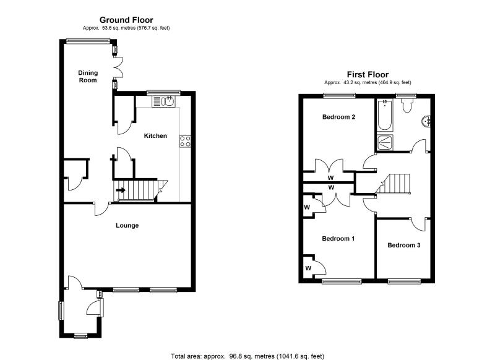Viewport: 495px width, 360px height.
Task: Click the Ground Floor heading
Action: click(126, 20)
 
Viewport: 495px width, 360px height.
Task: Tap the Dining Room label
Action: click(88, 76)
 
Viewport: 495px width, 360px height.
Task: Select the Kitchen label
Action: click(155, 135)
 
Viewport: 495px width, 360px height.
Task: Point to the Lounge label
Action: click(127, 225)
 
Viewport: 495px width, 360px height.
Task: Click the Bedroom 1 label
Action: click(337, 238)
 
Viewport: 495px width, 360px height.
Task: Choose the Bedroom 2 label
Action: click(337, 117)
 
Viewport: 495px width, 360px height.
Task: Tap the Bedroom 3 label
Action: click(403, 245)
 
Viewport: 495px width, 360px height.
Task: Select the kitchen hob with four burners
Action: click(184, 140)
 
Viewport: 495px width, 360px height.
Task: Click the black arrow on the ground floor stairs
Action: click(121, 190)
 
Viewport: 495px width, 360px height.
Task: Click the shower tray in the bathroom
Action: click(384, 143)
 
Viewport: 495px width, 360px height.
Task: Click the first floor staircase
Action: click(395, 184)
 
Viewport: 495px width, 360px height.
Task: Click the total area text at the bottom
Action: click(247, 356)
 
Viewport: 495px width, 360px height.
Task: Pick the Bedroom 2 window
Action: click(338, 95)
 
